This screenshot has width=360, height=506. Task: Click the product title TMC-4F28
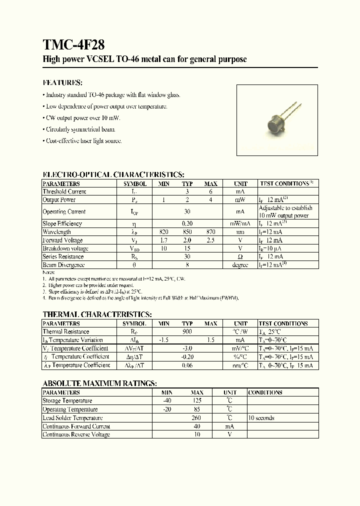point(73,44)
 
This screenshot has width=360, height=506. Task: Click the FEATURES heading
point(62,82)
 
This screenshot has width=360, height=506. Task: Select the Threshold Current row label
point(64,191)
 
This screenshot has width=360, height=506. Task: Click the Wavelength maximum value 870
point(211,232)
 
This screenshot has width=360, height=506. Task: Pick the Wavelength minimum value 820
point(163,232)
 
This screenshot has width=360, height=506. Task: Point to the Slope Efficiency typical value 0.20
point(187,223)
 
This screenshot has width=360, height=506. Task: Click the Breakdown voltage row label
point(65,248)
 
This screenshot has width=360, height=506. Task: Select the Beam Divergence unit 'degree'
point(240,265)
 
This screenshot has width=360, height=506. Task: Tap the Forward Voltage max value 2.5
point(211,240)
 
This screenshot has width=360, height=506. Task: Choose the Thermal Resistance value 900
point(187,331)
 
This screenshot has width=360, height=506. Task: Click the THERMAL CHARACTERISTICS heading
point(97,314)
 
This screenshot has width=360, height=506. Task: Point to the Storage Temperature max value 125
point(197,400)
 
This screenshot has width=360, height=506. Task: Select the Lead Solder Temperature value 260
point(197,417)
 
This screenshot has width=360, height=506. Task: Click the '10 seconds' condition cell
point(261,417)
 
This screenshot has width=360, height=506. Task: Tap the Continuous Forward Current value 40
point(197,426)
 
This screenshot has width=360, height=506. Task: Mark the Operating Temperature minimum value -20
point(166,409)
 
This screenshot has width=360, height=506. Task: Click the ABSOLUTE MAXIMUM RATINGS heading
point(99,383)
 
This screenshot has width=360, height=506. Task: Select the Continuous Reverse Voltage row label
point(76,434)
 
